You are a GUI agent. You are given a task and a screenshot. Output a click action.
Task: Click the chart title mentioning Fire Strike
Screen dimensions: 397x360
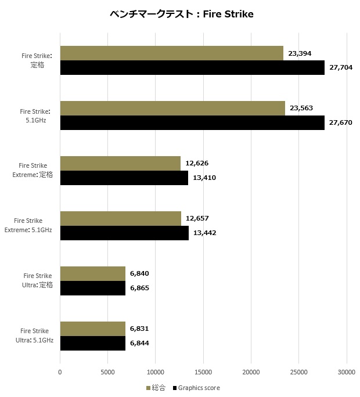click(181, 14)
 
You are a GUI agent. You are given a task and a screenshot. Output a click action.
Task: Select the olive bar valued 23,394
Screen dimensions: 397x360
click(171, 53)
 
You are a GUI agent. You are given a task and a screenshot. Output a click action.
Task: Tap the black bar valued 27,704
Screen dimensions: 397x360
click(192, 68)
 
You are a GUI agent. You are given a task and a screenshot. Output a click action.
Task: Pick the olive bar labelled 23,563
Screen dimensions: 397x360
click(172, 109)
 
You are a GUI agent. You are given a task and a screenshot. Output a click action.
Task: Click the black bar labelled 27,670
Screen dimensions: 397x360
click(192, 123)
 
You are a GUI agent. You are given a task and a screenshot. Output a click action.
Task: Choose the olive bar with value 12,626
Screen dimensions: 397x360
click(120, 164)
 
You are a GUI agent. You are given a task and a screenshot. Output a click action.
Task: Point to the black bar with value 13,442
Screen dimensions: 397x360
click(124, 233)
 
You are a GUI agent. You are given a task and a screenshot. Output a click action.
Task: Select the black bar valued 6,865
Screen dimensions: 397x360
click(93, 288)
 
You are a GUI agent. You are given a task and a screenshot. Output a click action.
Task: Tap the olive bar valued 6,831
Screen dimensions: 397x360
click(93, 329)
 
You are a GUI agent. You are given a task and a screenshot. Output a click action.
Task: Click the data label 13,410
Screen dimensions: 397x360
click(204, 178)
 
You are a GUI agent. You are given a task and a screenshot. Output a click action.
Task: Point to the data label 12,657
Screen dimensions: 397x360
click(197, 218)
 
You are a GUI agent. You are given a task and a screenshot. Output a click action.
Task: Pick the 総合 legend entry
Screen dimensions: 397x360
click(157, 388)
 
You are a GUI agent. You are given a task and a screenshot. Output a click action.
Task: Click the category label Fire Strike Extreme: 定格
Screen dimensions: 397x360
click(35, 170)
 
